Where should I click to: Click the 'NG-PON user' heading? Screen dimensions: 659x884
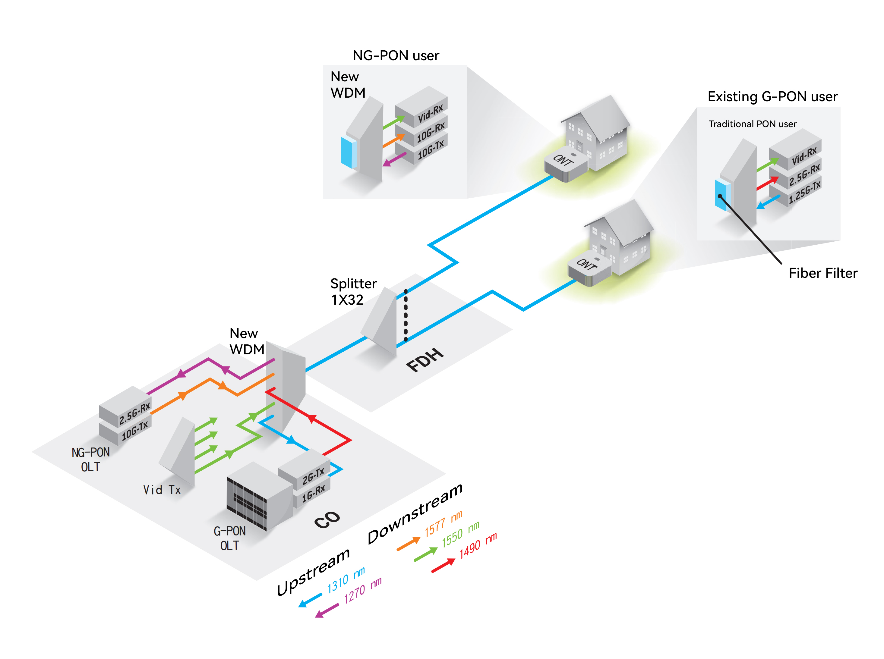(396, 55)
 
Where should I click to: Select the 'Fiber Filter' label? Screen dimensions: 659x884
(822, 273)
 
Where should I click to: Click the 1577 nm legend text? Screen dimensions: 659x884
(443, 523)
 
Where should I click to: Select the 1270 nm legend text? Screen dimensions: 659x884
(362, 590)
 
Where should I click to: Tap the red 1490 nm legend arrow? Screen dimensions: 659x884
(443, 566)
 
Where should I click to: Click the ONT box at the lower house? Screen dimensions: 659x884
(588, 268)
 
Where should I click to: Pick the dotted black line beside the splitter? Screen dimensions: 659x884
(406, 315)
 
